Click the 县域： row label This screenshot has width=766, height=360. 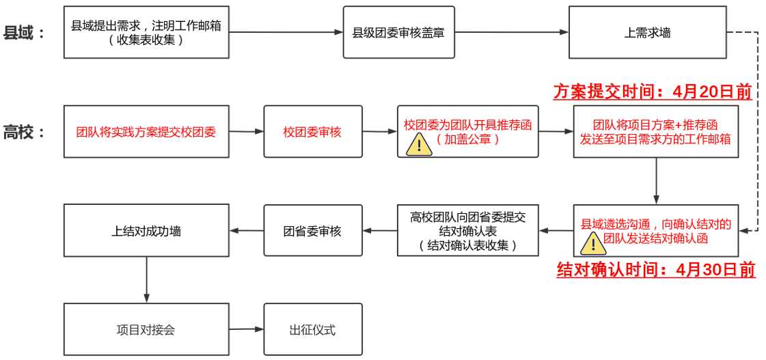24,32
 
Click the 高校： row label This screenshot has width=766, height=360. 24,132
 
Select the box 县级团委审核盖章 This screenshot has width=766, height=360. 398,32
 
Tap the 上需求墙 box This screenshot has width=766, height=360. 647,32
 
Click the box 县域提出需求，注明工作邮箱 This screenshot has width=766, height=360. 146,32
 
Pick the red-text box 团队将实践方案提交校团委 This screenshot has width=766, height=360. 146,132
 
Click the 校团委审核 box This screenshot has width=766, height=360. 312,132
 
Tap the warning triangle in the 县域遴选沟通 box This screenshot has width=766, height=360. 592,244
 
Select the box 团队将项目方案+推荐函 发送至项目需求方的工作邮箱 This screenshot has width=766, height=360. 655,132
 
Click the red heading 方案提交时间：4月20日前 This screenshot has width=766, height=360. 652,92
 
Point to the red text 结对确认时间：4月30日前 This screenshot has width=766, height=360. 656,270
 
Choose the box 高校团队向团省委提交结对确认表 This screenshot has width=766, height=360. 468,231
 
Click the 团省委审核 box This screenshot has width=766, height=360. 312,231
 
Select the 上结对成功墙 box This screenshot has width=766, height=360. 146,231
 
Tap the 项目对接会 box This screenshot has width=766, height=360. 146,330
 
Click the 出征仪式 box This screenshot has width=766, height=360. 312,330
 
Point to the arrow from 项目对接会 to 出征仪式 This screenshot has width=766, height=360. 246,329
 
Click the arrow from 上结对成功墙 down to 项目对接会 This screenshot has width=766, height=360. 146,279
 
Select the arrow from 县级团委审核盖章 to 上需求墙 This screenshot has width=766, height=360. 511,32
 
